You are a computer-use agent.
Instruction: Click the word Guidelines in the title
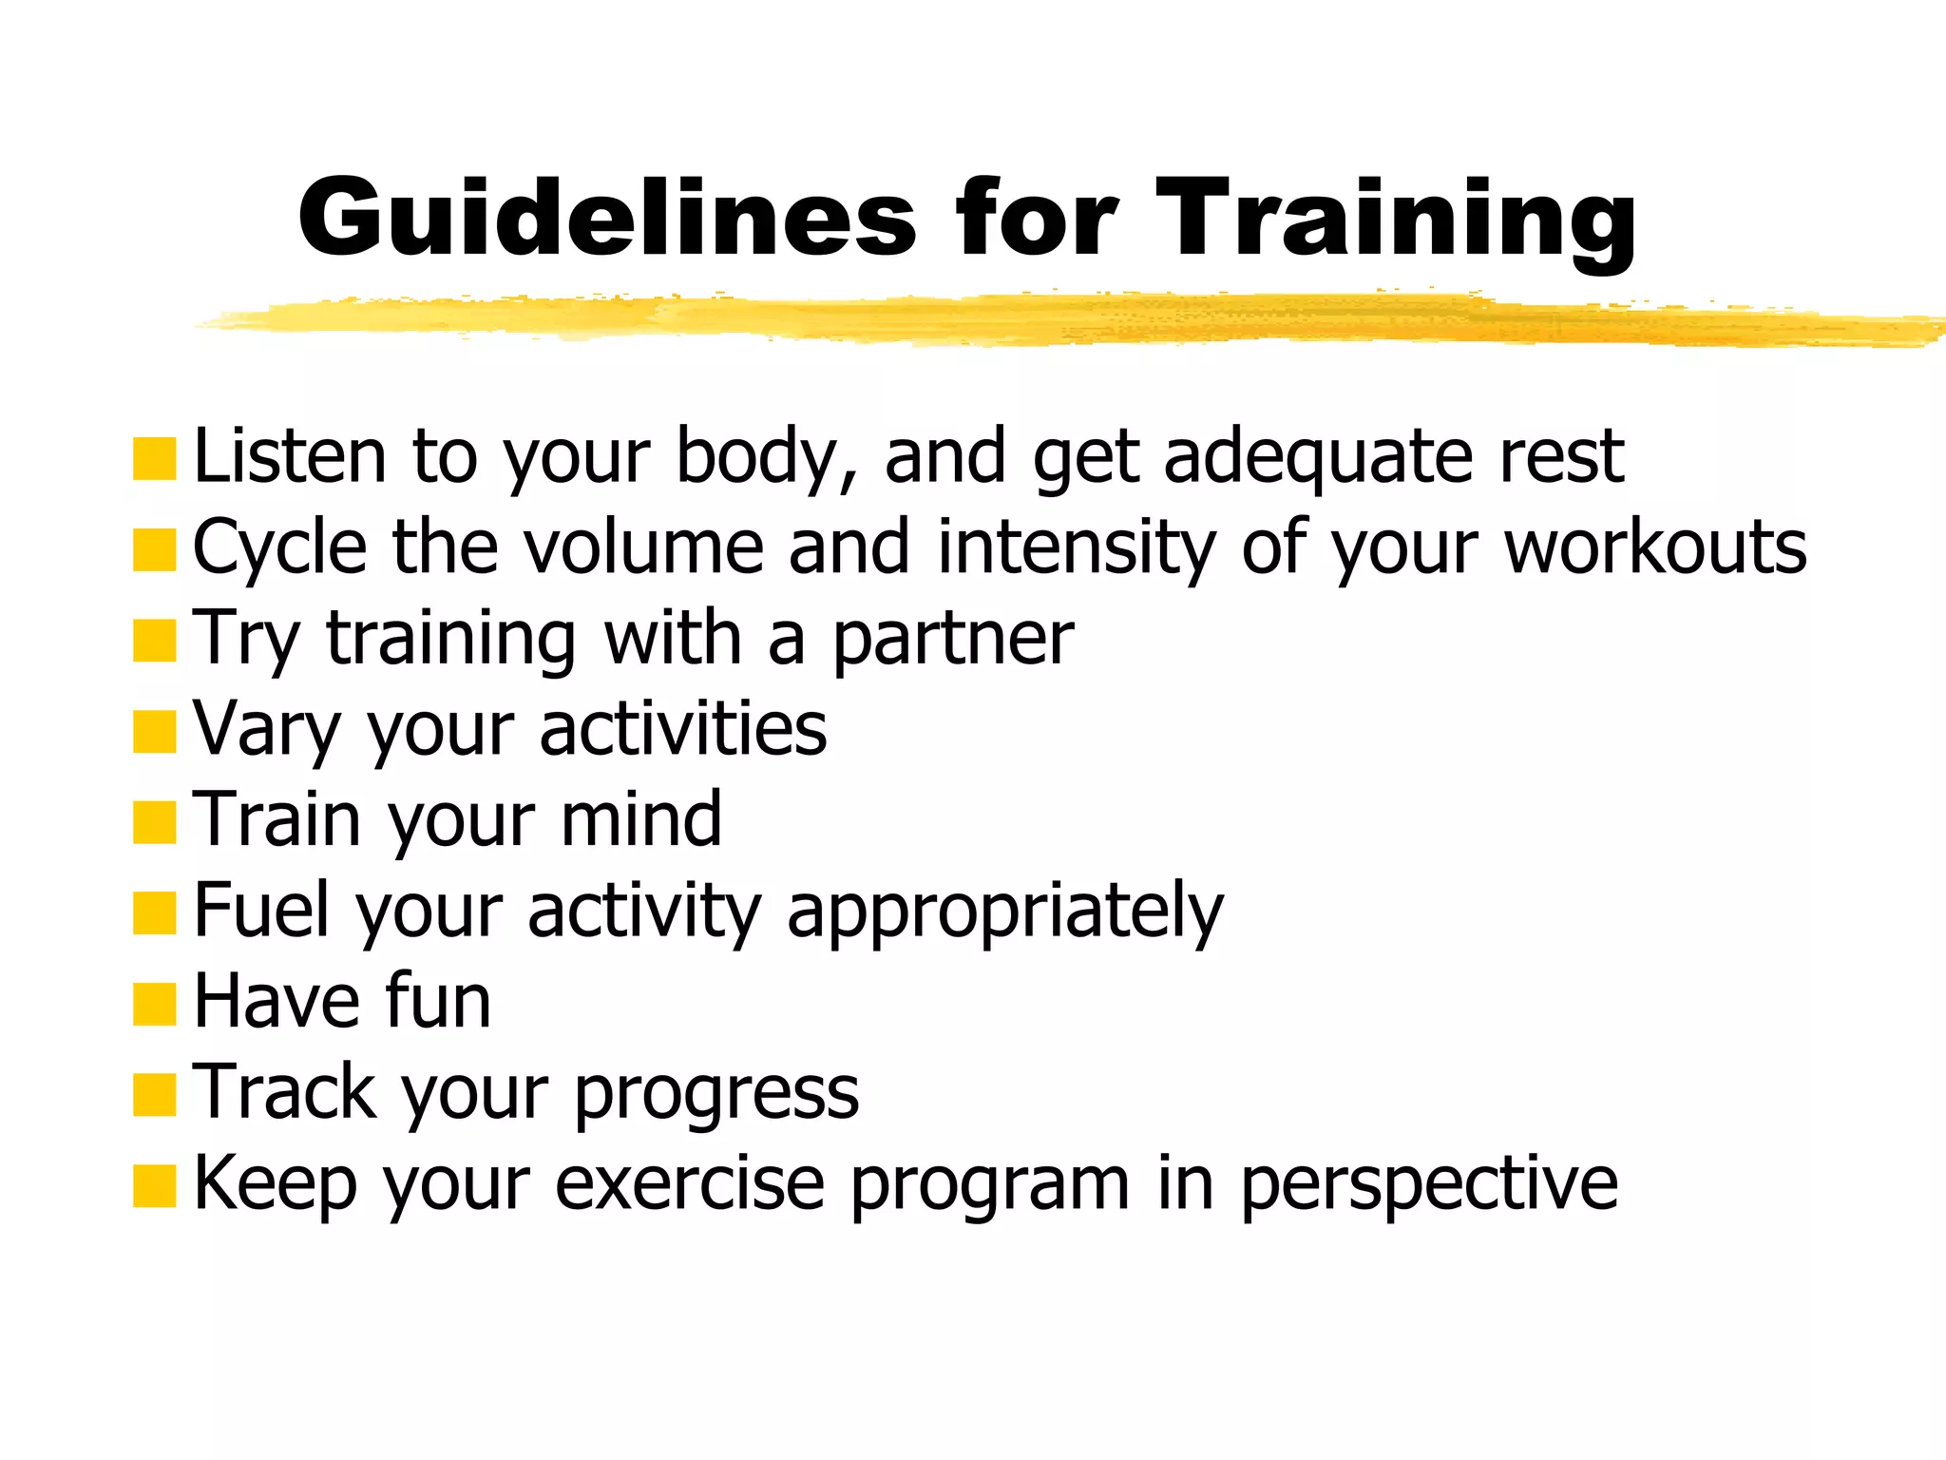[x=608, y=219]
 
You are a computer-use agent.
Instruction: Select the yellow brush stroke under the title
[x=1045, y=320]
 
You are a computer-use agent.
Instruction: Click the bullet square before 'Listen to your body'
[x=155, y=459]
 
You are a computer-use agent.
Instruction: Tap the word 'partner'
[x=953, y=640]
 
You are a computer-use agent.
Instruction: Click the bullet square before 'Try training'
[x=155, y=641]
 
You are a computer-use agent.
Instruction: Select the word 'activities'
[x=683, y=730]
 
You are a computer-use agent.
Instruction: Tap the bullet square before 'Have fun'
[x=155, y=1005]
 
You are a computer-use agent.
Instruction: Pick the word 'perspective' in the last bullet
[x=1429, y=1185]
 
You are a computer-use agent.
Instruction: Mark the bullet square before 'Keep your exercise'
[x=155, y=1186]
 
